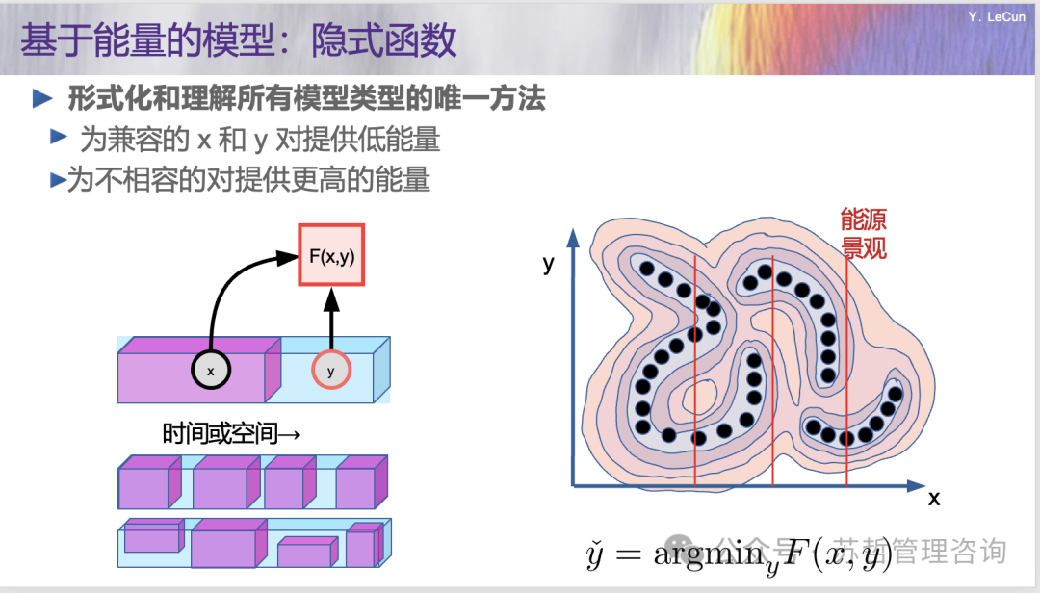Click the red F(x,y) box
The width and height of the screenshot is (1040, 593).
click(x=332, y=255)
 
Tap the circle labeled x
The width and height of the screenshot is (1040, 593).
click(x=210, y=370)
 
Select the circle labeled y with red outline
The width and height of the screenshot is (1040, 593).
click(x=331, y=371)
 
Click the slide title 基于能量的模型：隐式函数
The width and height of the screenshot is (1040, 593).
click(x=238, y=41)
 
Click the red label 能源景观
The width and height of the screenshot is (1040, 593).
click(x=863, y=233)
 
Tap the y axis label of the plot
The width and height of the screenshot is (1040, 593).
click(x=549, y=263)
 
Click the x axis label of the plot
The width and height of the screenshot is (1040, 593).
click(x=933, y=499)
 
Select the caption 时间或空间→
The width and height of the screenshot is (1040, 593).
click(x=232, y=434)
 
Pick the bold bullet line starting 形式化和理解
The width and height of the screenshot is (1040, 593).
click(x=306, y=98)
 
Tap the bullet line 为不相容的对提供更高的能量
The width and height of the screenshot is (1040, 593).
click(x=248, y=180)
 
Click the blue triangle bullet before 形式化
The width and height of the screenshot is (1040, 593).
click(x=42, y=98)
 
